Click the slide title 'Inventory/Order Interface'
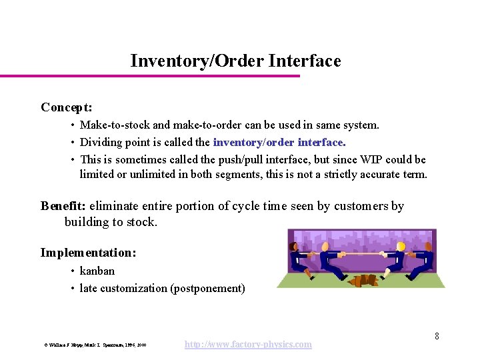pos(235,61)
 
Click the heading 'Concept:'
pos(66,107)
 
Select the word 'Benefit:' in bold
pos(63,206)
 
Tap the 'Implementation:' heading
pos(88,253)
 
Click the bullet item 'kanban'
pos(97,271)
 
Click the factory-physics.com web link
pos(248,344)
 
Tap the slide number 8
pos(437,336)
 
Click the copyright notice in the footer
pos(95,345)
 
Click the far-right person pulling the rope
pos(425,261)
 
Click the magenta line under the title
pos(150,76)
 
